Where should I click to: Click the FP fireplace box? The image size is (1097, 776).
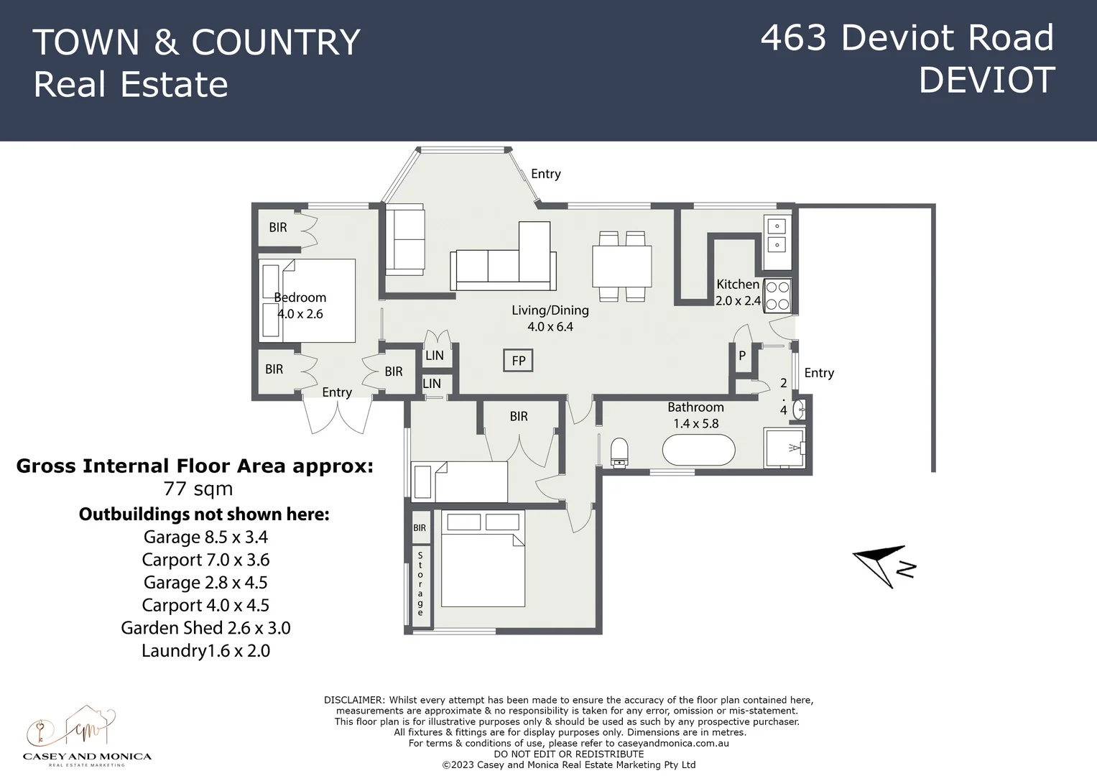(518, 361)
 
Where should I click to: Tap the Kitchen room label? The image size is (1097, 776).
(738, 285)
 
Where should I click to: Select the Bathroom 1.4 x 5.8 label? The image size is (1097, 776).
(695, 415)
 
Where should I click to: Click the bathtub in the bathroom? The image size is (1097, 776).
(698, 453)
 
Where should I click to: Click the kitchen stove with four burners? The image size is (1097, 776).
(777, 295)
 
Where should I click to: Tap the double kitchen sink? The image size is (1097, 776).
(777, 236)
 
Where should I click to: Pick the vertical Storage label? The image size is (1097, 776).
(420, 583)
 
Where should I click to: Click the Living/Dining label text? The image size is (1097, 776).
(550, 310)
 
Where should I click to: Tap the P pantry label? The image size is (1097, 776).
(742, 356)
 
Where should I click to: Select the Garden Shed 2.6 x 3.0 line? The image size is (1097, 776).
(205, 628)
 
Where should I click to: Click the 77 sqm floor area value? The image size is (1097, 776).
(198, 489)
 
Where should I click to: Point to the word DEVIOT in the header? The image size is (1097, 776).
(986, 80)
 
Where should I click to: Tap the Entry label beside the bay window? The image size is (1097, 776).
(546, 174)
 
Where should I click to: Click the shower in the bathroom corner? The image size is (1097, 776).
(784, 448)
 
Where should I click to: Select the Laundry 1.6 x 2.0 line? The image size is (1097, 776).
(205, 651)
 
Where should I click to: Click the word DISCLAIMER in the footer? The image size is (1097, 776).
(355, 700)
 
